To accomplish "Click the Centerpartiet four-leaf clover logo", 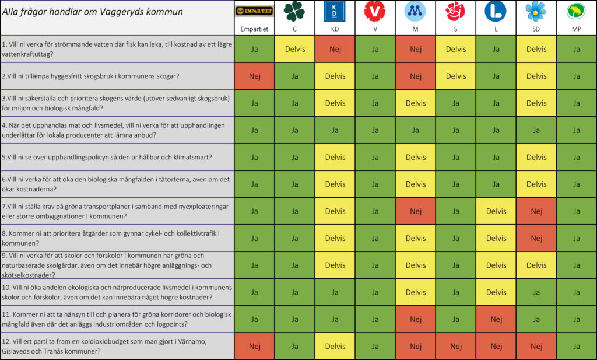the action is point(294,12).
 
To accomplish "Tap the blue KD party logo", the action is point(334,12).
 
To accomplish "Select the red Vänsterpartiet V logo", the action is point(375,12).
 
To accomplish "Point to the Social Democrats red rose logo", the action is point(455,12).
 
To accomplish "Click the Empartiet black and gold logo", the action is point(254,11).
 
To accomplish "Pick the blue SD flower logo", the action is point(536,12).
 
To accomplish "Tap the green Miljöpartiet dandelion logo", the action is point(576,12).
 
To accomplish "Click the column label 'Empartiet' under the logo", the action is point(254,29).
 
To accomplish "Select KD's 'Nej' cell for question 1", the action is point(335,49).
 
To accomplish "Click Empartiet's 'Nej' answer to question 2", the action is point(254,76).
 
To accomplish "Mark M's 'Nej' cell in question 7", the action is point(415,211).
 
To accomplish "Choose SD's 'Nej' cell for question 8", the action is point(536,238).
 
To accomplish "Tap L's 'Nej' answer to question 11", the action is point(496,319).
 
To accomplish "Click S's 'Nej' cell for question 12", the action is point(456,346).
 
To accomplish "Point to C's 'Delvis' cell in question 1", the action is point(294,49).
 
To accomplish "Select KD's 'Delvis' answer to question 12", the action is point(335,346).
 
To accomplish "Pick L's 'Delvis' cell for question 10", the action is point(496,292).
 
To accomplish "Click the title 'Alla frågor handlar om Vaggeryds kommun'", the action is point(93,12).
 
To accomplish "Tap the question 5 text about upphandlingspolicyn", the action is point(107,157).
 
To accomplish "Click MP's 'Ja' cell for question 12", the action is point(577,346).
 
